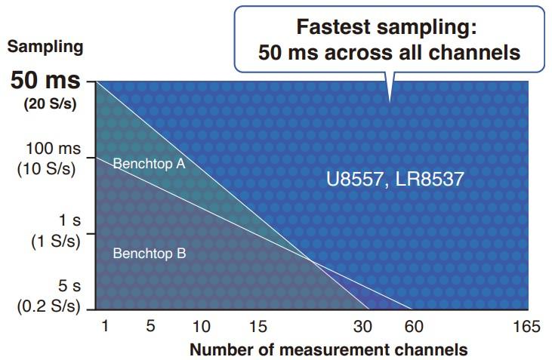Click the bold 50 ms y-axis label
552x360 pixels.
click(45, 82)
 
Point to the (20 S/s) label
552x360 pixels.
click(51, 104)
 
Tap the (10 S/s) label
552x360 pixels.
click(47, 168)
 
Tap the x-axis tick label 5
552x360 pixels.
click(150, 326)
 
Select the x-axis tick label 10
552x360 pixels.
click(202, 326)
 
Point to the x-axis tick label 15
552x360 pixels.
click(258, 326)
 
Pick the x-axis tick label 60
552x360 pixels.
click(413, 326)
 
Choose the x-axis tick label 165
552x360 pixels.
click(526, 326)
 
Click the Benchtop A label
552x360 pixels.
click(149, 163)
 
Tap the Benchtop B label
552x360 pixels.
click(149, 254)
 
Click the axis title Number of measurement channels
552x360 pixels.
click(328, 349)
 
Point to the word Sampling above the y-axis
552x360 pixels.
click(45, 47)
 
